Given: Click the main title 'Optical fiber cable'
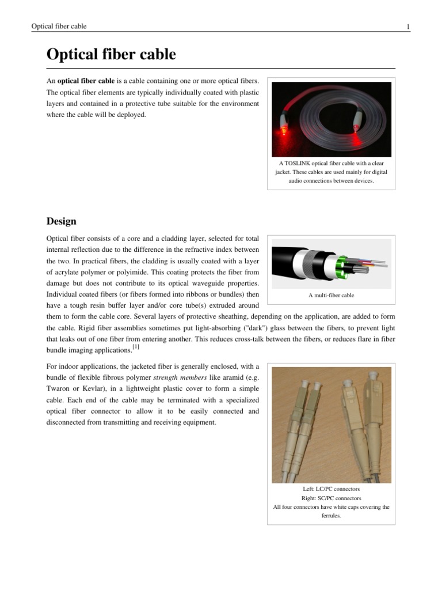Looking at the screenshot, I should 110,55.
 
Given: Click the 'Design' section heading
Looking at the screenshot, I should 61,221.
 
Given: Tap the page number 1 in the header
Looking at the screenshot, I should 407,27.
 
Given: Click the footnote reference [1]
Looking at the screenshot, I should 135,347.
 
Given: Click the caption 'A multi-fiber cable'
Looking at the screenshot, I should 331,296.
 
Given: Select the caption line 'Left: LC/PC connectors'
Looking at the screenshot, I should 331,489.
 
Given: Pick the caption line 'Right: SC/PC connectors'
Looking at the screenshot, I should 331,498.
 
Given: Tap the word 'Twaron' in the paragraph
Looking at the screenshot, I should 56,388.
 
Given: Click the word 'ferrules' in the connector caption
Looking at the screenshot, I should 331,516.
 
